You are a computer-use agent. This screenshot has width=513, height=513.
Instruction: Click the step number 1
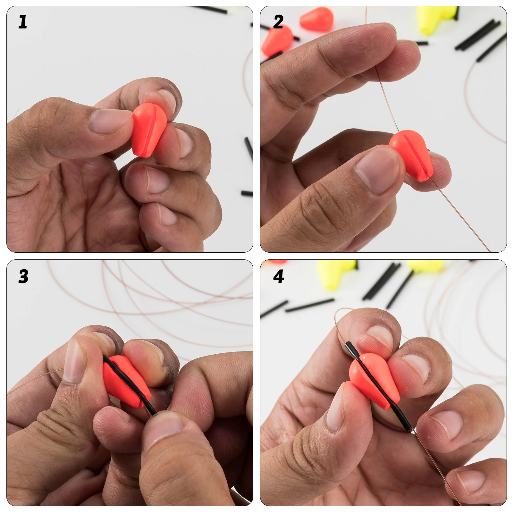click(x=22, y=22)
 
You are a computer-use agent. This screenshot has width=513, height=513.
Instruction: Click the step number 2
click(x=278, y=22)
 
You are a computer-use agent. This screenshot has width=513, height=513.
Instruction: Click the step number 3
click(x=23, y=276)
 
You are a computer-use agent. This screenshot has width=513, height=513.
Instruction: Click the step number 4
click(x=278, y=276)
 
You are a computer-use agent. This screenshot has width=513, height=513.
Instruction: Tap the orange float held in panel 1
click(x=149, y=130)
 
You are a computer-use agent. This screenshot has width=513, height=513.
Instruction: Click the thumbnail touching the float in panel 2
click(x=377, y=170)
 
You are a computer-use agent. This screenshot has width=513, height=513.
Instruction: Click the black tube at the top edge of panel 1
click(x=210, y=10)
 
